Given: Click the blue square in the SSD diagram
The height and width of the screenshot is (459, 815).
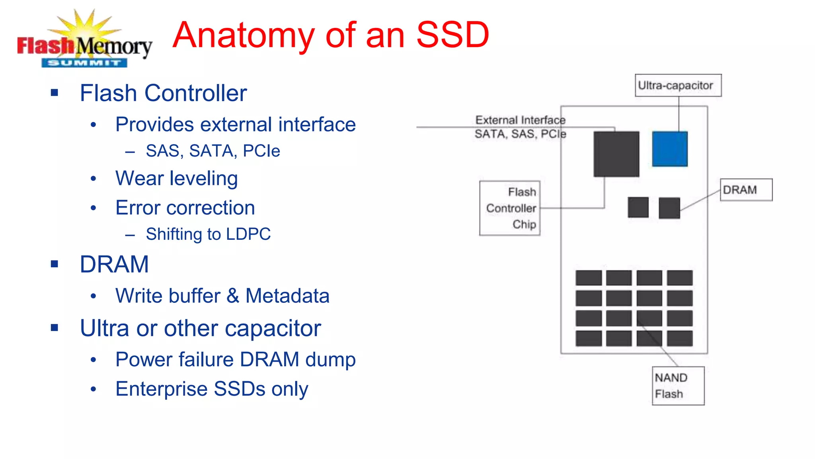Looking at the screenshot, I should coord(670,149).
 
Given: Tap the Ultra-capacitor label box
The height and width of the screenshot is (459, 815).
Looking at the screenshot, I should coord(678,85).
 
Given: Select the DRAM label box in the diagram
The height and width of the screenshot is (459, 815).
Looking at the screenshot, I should coord(746,190).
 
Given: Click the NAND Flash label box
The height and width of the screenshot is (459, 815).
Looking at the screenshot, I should coord(678,386).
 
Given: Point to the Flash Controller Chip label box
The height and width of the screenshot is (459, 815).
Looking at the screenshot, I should coord(510,208).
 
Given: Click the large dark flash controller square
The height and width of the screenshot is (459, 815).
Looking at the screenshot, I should coord(616,154).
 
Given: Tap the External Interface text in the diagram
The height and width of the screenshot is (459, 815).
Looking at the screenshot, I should coord(520,120).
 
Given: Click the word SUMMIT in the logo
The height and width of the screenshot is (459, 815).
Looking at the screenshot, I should coord(84,63).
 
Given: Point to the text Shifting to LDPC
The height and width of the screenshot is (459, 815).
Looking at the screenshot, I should coord(208,234).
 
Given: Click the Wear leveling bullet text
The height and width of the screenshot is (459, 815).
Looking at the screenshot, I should coord(177,178).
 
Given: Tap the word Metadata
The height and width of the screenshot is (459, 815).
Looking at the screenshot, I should coord(287,296).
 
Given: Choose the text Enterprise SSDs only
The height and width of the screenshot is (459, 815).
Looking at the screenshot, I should coord(212,389).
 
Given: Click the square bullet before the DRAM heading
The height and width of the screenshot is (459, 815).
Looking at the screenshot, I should coord(55,264).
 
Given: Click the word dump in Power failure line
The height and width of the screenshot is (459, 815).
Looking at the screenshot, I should coord(330,359).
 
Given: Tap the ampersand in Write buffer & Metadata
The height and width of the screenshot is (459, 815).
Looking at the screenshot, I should coord(233,296).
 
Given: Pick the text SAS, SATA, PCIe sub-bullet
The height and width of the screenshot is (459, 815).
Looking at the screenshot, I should coord(213,151).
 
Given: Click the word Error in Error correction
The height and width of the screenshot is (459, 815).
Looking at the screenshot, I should coord(138,208).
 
